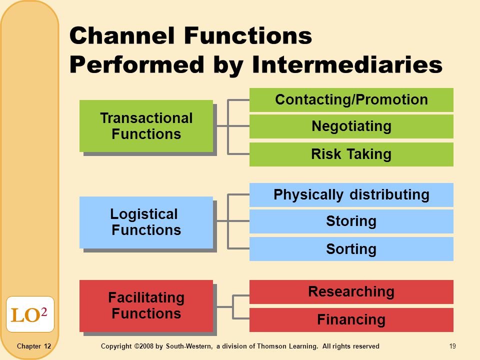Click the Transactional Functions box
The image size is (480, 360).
click(x=146, y=126)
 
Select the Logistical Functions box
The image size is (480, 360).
click(x=146, y=222)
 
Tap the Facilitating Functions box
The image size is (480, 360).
click(x=146, y=306)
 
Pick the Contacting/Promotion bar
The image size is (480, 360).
click(x=351, y=100)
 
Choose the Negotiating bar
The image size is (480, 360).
click(x=351, y=126)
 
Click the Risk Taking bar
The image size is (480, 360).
click(x=351, y=154)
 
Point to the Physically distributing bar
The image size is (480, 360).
click(x=351, y=194)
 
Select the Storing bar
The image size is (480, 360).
click(x=351, y=221)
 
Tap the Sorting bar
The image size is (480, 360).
click(x=351, y=249)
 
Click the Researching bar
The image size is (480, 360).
click(x=351, y=291)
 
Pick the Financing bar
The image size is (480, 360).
click(x=351, y=320)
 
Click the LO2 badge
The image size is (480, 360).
click(x=30, y=314)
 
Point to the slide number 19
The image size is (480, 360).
click(x=452, y=346)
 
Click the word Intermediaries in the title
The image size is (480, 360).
click(x=347, y=64)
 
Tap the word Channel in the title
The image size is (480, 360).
click(x=122, y=35)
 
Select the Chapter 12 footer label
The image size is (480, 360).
click(x=34, y=346)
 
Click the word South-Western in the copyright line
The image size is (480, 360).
click(x=189, y=346)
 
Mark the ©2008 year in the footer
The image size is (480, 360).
click(x=144, y=346)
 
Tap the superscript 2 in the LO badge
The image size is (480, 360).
click(x=44, y=311)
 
